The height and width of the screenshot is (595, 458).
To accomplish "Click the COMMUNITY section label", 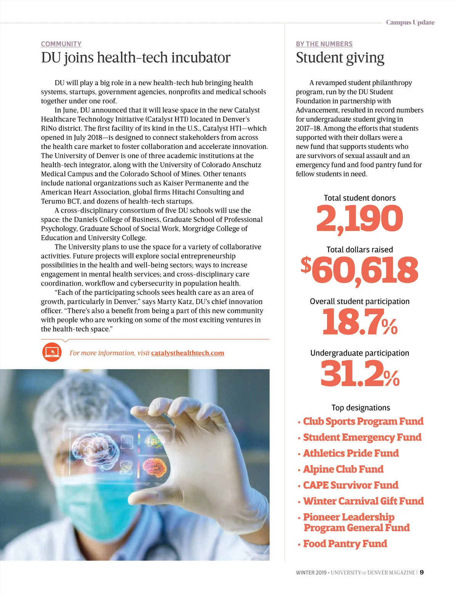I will [x=61, y=44].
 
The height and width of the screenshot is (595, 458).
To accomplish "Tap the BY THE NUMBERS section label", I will [x=324, y=44].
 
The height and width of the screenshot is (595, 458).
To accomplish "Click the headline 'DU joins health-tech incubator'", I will [x=135, y=58].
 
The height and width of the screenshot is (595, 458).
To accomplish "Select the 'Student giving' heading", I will [x=340, y=58].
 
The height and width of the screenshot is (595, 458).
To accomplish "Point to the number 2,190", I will [x=359, y=218].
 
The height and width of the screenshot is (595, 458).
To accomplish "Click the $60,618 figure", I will [x=360, y=270].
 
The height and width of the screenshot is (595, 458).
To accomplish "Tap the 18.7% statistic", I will [x=360, y=322].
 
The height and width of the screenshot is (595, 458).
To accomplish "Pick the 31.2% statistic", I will [x=360, y=373].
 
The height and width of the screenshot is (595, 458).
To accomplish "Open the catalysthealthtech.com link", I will [x=187, y=353].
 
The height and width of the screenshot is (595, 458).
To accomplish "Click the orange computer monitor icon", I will [x=52, y=352].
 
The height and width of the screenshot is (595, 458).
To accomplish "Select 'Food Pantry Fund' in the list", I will [x=345, y=543].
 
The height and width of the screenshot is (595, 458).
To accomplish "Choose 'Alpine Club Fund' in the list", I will [x=343, y=469].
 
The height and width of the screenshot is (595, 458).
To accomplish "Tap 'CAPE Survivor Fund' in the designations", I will [x=350, y=485].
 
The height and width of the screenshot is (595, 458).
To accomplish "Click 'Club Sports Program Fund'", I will [x=363, y=421].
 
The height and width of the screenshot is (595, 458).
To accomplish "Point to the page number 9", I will [x=422, y=572].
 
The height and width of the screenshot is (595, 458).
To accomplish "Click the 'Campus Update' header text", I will [x=410, y=22].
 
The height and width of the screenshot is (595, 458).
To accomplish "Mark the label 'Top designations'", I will [x=361, y=407].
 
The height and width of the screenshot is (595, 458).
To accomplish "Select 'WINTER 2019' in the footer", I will [x=311, y=572].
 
